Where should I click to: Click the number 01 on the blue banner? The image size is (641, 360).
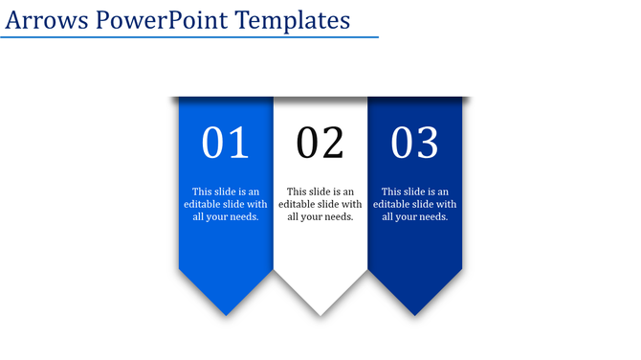pos(226,143)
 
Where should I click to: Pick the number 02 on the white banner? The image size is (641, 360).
pos(320,143)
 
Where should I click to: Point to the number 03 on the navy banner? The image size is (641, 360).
pos(415,143)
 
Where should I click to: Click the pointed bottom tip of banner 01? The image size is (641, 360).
pos(226,314)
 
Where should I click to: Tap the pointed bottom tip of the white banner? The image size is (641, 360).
pos(320,314)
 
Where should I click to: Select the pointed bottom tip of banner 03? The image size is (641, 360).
pos(415,314)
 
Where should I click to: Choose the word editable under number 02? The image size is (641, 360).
pos(298,204)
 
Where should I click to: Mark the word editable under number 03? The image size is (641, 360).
pos(392,204)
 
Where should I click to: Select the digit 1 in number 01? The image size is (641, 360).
pos(238,143)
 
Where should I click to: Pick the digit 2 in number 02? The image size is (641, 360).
pos(332,143)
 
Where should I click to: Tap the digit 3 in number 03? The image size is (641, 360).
pos(427,143)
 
